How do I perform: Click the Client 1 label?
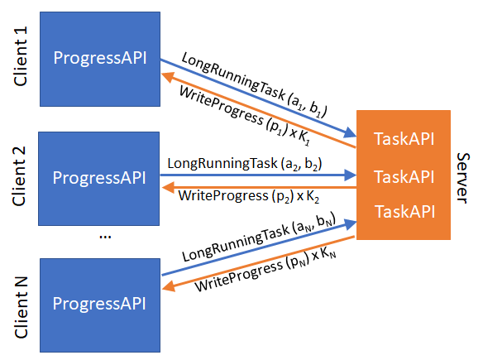click(x=21, y=56)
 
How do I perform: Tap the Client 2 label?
click(x=19, y=176)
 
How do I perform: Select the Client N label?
click(x=21, y=307)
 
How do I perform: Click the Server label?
click(x=463, y=178)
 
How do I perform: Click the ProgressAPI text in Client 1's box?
click(x=100, y=58)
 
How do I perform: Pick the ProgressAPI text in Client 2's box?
click(x=99, y=178)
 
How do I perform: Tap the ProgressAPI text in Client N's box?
click(x=99, y=304)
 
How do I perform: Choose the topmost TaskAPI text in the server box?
click(x=404, y=139)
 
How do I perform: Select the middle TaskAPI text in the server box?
click(x=404, y=177)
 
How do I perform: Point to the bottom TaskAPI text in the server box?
click(x=404, y=212)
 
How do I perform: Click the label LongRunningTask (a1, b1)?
click(x=254, y=85)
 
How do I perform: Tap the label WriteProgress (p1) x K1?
click(x=245, y=116)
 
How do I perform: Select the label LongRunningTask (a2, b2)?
click(x=245, y=163)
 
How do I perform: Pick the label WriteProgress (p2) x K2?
click(x=249, y=196)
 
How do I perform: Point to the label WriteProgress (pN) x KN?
click(x=265, y=269)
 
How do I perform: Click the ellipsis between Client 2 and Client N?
click(x=105, y=237)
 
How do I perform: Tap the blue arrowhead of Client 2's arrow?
click(x=350, y=175)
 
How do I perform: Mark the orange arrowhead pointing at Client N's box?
click(x=169, y=286)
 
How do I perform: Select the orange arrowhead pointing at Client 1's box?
click(x=168, y=77)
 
